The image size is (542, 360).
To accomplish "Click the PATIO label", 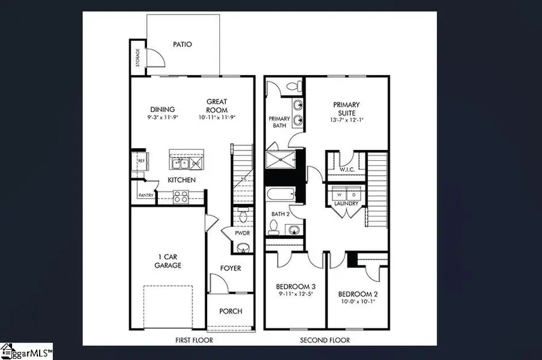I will pyautogui.click(x=182, y=44).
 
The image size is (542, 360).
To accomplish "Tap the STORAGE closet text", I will pyautogui.click(x=138, y=57).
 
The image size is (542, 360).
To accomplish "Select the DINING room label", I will pyautogui.click(x=162, y=110).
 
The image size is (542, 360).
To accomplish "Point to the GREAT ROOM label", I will pyautogui.click(x=217, y=106).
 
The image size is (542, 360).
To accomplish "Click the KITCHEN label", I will pyautogui.click(x=181, y=180).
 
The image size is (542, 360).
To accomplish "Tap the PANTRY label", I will pyautogui.click(x=146, y=195).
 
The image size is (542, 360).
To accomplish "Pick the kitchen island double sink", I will pyautogui.click(x=181, y=163).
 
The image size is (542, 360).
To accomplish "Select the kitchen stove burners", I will pyautogui.click(x=181, y=195).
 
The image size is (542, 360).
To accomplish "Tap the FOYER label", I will pyautogui.click(x=231, y=268).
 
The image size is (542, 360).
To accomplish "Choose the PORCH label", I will pyautogui.click(x=231, y=311).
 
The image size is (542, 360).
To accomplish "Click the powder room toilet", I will pyautogui.click(x=243, y=215).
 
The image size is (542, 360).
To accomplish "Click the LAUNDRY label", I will pyautogui.click(x=346, y=203).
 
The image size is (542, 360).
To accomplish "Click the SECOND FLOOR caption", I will pyautogui.click(x=325, y=340).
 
